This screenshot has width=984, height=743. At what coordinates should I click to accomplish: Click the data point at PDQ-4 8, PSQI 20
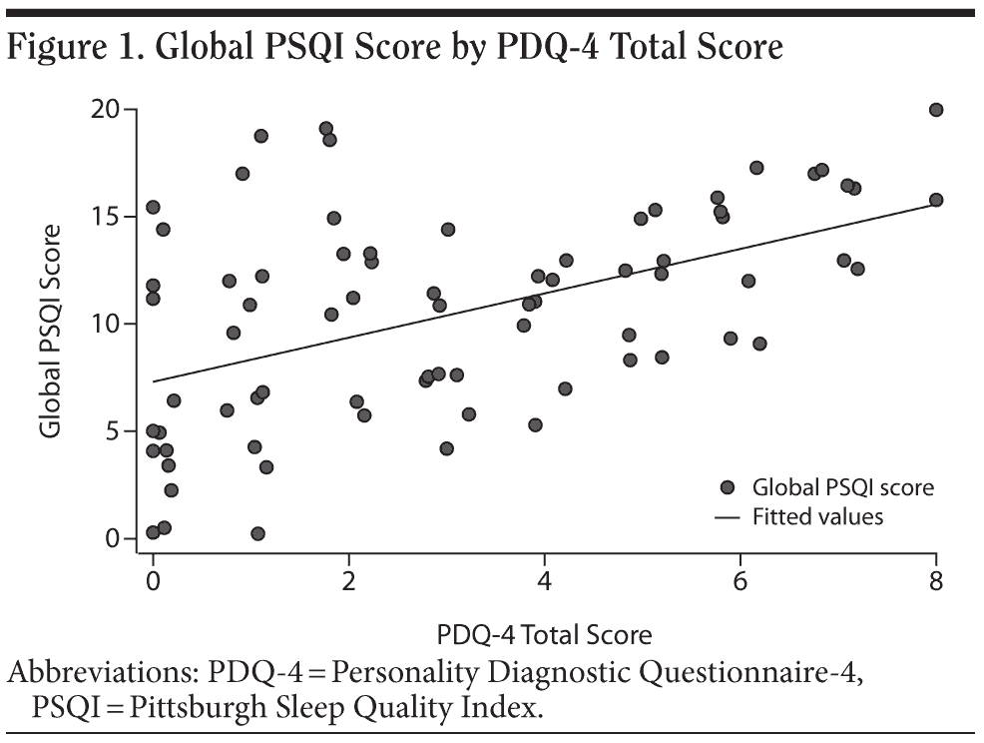pyautogui.click(x=936, y=110)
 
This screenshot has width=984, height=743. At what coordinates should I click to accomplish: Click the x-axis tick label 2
pyautogui.click(x=348, y=581)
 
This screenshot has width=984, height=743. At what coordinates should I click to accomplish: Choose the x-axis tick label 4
pyautogui.click(x=544, y=581)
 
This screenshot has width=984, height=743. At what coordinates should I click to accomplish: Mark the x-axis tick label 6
pyautogui.click(x=739, y=581)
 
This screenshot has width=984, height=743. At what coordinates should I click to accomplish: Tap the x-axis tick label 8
pyautogui.click(x=936, y=581)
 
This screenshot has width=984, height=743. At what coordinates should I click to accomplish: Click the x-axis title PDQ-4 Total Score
pyautogui.click(x=544, y=635)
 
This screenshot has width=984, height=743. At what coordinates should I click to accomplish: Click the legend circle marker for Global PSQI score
pyautogui.click(x=727, y=488)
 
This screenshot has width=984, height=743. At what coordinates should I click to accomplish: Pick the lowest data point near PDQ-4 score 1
pyautogui.click(x=257, y=534)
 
